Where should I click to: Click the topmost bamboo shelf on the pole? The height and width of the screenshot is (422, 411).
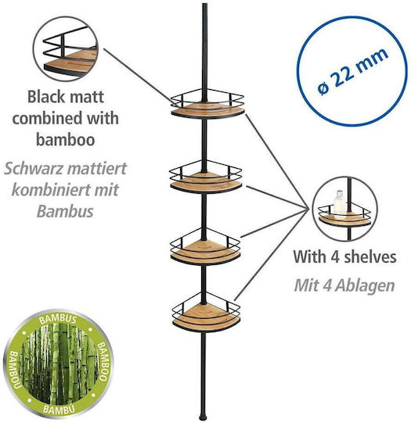[x=207, y=110]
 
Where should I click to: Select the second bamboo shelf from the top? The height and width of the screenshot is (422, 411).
[x=206, y=182]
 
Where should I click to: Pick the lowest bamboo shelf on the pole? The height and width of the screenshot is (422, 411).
[x=207, y=317]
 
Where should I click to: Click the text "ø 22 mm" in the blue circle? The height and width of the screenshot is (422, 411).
[x=352, y=71]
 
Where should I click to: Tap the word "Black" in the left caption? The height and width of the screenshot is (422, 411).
[x=42, y=97]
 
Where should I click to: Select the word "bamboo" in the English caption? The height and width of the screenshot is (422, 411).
[x=66, y=140]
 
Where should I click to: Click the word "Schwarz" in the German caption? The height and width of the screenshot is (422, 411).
[x=34, y=169]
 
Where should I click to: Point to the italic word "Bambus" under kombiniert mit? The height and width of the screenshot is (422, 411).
[x=65, y=212]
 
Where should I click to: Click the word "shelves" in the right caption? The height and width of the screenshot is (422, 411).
[x=369, y=257]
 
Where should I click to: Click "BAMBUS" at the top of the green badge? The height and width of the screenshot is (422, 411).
[x=58, y=320]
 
